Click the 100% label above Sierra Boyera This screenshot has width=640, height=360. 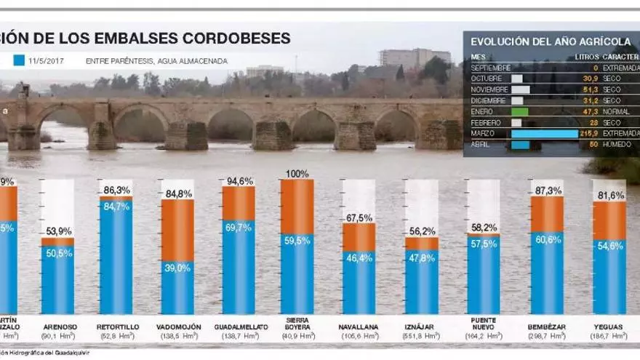[x=297, y=174]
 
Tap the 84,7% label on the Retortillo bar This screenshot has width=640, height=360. [x=116, y=206]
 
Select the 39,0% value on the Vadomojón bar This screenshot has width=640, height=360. [x=177, y=268]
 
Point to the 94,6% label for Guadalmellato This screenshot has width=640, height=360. [x=239, y=181]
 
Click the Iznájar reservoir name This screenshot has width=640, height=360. [x=421, y=327]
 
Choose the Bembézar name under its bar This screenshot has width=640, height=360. [x=546, y=327]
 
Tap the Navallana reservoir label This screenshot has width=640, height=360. [x=359, y=327]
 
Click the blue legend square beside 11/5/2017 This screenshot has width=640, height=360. [x=20, y=61]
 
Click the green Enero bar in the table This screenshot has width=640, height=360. [x=519, y=112]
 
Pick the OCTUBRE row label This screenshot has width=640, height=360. [x=487, y=78]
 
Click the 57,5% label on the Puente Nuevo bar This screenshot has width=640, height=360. [x=484, y=243]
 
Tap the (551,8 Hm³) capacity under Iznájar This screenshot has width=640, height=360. [x=421, y=336]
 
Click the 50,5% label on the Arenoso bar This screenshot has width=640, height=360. [x=57, y=253]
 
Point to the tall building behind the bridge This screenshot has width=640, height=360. [x=415, y=57]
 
